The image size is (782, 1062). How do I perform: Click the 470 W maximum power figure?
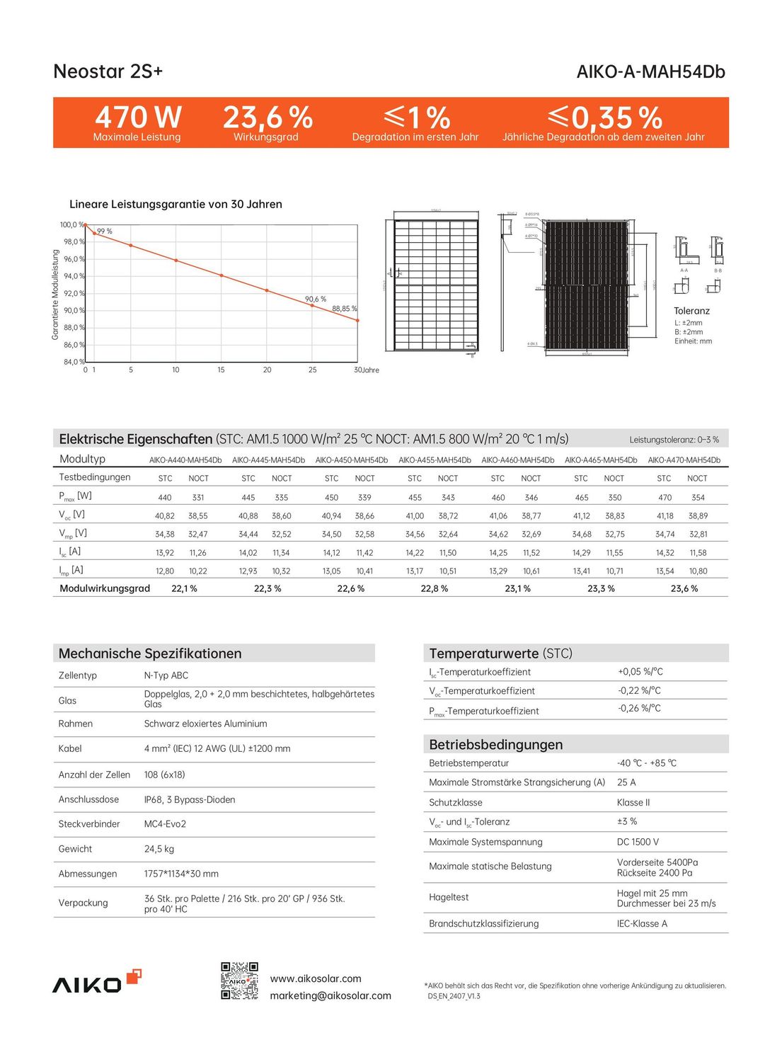(x=138, y=117)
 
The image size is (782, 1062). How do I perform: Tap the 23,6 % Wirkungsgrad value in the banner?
(x=268, y=117)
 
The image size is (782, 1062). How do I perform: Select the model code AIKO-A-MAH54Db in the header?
(x=650, y=72)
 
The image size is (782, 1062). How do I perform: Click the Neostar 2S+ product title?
(x=108, y=72)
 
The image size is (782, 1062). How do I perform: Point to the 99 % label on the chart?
(x=105, y=232)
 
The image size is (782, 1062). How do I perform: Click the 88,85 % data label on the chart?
(x=345, y=309)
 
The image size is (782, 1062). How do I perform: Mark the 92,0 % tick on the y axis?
(x=74, y=293)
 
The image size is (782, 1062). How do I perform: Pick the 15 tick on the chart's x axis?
(x=221, y=370)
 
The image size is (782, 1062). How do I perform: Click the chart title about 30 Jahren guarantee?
(x=176, y=204)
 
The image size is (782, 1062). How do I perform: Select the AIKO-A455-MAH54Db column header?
(x=435, y=460)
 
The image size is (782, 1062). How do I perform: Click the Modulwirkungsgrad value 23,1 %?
(x=517, y=588)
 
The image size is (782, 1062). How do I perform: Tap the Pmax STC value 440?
(x=165, y=498)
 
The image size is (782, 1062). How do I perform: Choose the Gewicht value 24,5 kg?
(x=159, y=849)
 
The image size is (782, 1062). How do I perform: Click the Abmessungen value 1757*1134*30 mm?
(x=181, y=874)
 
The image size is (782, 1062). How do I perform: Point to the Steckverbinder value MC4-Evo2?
(x=165, y=824)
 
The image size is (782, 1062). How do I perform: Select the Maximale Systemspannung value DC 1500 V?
(x=638, y=842)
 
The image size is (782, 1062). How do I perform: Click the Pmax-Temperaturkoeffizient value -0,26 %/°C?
(x=639, y=709)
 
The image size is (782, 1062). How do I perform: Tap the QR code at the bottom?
(x=239, y=981)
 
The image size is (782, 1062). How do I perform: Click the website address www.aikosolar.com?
(x=316, y=978)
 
